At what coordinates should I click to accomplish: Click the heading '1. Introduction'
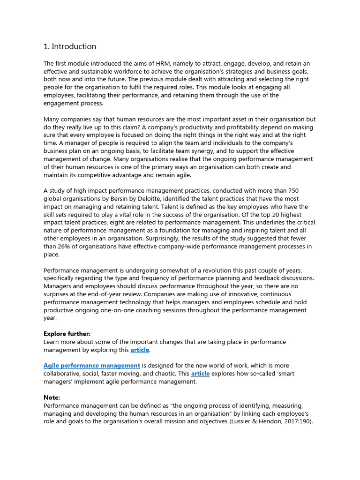pos(70,46)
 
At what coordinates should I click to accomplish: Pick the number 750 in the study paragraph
pos(293,191)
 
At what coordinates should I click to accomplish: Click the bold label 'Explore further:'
pos(67,334)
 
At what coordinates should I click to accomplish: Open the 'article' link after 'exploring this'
pos(140,350)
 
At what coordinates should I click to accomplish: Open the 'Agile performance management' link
pos(92,366)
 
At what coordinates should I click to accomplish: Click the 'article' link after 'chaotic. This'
pos(200,374)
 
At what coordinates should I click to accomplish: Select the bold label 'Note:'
pos(52,397)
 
